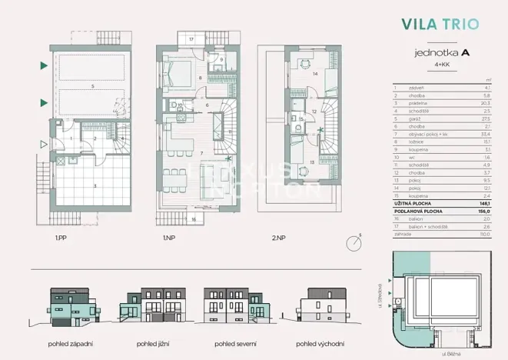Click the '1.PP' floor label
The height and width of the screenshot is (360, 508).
point(59,238)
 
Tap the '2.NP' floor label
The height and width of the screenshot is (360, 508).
point(277,238)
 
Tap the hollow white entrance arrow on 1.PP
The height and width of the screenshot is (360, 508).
point(43,143)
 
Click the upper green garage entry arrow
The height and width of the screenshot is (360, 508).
point(43,67)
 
